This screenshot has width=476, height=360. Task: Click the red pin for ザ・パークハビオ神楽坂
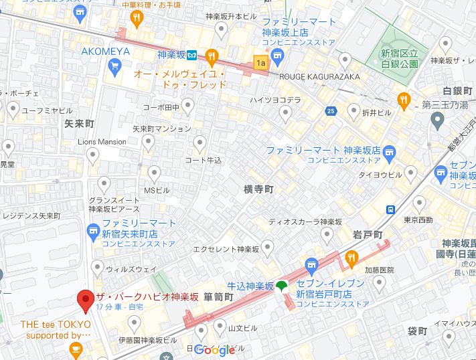[x=85, y=300]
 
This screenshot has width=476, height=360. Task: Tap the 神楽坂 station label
[x=171, y=55]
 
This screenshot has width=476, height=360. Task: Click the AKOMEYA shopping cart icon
[x=114, y=66]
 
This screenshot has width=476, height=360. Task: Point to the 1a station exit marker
[x=260, y=63]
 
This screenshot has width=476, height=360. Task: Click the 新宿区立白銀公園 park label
[x=400, y=59]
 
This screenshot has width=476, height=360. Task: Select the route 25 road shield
[x=331, y=110]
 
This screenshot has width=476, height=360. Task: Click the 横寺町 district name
[x=258, y=189]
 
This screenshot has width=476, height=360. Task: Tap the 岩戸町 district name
[x=368, y=235]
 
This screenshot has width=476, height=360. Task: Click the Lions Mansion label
[x=102, y=142]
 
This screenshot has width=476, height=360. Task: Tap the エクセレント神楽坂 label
[x=226, y=250]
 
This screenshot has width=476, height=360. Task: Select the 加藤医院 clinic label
[x=380, y=270]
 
